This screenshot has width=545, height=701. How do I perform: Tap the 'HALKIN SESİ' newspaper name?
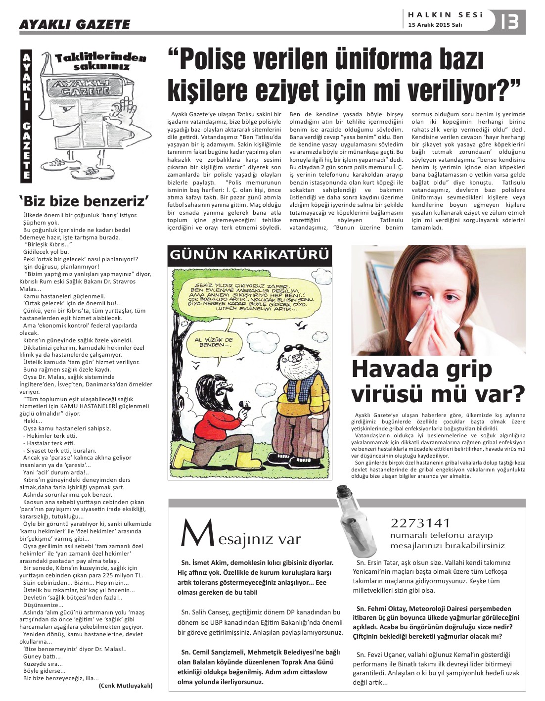tap(445, 15)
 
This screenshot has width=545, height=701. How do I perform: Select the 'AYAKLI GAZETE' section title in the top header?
tap(75, 24)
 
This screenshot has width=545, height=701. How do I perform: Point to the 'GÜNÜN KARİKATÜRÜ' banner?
tap(249, 255)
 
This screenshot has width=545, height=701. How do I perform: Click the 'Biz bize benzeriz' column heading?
tap(84, 201)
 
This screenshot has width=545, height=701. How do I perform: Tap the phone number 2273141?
tap(420, 523)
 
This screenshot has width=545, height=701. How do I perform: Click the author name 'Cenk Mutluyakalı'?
tap(126, 686)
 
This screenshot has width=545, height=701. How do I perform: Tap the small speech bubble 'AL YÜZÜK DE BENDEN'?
tap(214, 343)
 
